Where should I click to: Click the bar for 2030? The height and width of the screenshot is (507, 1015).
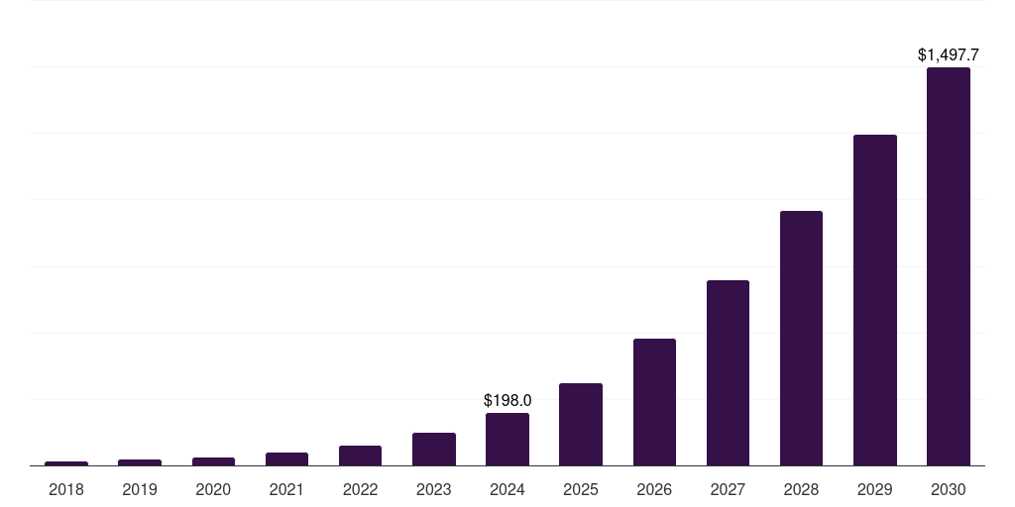(948, 266)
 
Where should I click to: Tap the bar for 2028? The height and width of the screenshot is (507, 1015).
(801, 338)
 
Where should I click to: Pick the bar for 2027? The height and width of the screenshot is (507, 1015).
(728, 372)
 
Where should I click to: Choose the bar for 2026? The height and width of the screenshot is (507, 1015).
(654, 402)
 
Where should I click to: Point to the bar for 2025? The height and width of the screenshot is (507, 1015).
(581, 424)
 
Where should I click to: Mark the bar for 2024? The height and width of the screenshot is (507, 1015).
(507, 439)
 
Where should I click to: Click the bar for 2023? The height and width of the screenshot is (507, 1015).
(434, 449)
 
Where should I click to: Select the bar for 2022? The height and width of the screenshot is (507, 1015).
(360, 456)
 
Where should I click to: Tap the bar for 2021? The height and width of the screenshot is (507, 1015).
(286, 458)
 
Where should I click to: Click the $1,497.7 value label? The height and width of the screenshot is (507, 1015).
(948, 55)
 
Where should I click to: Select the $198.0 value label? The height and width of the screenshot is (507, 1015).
(507, 401)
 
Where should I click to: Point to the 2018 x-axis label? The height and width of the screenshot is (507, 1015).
(66, 489)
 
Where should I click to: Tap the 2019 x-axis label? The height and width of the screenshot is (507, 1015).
(140, 489)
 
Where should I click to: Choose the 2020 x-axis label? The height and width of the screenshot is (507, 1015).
(213, 489)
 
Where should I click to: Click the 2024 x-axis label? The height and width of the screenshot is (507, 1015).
(507, 489)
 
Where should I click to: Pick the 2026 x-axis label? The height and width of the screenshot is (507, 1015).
(654, 489)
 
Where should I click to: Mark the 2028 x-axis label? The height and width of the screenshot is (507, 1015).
(801, 489)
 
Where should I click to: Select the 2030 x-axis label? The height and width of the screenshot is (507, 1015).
(948, 489)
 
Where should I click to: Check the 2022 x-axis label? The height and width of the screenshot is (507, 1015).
(360, 489)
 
